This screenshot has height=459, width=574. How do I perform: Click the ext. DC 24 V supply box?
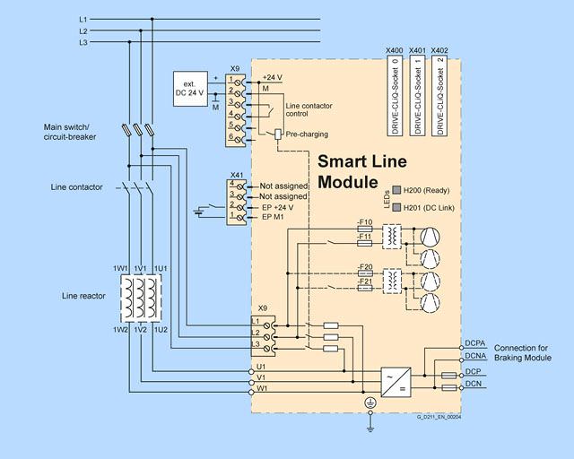pyautogui.click(x=190, y=89)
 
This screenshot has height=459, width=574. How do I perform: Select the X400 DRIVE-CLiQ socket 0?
pyautogui.click(x=395, y=96)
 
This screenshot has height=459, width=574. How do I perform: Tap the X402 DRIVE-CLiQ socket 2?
pyautogui.click(x=439, y=96)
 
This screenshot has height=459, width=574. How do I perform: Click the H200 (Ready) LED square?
pyautogui.click(x=396, y=190)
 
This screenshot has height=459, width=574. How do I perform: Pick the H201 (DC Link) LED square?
pyautogui.click(x=396, y=208)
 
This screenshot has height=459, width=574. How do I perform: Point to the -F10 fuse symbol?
pyautogui.click(x=365, y=229)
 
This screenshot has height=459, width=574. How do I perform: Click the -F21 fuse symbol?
pyautogui.click(x=365, y=288)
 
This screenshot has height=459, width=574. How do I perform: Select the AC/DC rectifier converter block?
pyautogui.click(x=396, y=382)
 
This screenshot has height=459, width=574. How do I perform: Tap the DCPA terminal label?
pyautogui.click(x=475, y=343)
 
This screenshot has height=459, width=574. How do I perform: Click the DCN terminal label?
pyautogui.click(x=474, y=384)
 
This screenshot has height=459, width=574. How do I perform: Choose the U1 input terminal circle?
pyautogui.click(x=251, y=371)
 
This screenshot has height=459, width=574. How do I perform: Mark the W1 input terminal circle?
pyautogui.click(x=251, y=393)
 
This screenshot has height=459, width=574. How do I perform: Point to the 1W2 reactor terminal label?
pyautogui.click(x=120, y=330)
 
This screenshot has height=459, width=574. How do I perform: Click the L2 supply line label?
pyautogui.click(x=83, y=31)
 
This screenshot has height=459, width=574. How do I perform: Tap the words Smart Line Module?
pyautogui.click(x=362, y=171)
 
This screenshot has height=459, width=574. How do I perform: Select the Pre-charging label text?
pyautogui.click(x=307, y=134)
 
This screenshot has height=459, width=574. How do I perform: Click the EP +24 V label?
pyautogui.click(x=278, y=208)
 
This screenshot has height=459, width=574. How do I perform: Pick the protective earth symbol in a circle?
pyautogui.click(x=370, y=403)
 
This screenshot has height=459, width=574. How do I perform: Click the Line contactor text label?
pyautogui.click(x=76, y=187)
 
